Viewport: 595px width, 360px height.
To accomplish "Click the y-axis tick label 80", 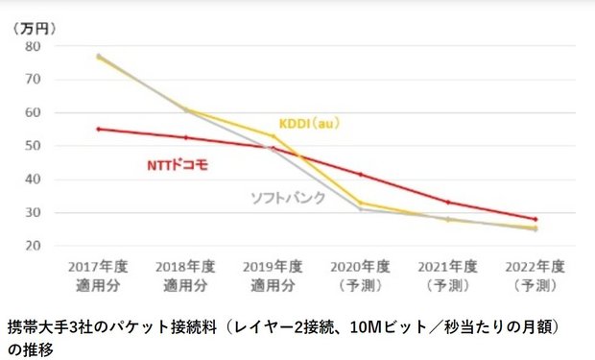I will (32, 46).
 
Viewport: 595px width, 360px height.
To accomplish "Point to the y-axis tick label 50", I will (32, 146).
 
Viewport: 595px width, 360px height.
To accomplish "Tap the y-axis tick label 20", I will (32, 246).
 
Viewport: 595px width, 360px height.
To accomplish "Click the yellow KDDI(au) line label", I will (309, 123).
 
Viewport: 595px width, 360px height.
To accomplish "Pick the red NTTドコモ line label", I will (177, 165).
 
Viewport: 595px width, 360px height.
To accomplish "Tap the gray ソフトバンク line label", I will (288, 198).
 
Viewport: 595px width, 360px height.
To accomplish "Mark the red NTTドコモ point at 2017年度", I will (98, 129).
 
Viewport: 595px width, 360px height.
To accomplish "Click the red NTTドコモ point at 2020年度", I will (360, 175).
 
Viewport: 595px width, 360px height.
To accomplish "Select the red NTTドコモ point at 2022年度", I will (535, 219).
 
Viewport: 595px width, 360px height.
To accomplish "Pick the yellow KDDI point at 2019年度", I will (272, 135).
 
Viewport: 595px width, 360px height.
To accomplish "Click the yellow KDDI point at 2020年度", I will (360, 203).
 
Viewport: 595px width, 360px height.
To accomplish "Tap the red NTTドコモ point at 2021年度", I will (447, 203).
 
